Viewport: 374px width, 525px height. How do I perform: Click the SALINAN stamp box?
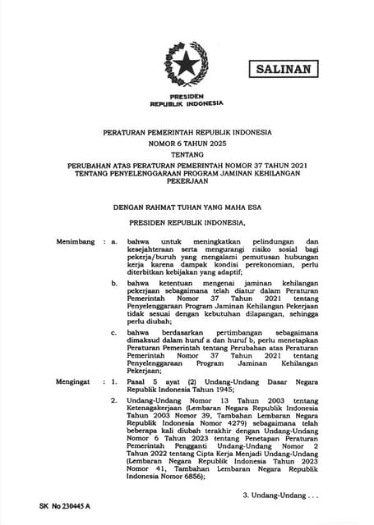[x=283, y=69]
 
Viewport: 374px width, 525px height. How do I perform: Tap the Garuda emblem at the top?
[x=187, y=64]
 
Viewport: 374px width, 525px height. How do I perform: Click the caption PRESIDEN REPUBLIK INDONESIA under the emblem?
[x=187, y=101]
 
